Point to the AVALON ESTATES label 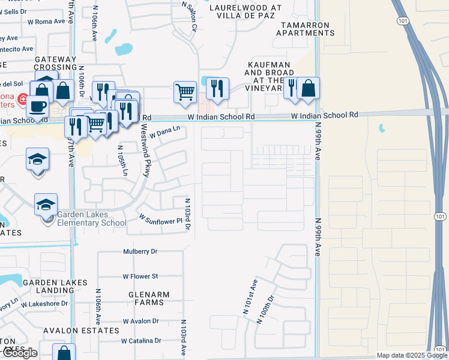coord(80,330)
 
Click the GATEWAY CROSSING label coord(56,63)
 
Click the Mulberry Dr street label coord(140,251)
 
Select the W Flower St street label coord(140,277)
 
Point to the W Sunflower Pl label coord(160,217)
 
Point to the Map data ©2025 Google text coord(411,355)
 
